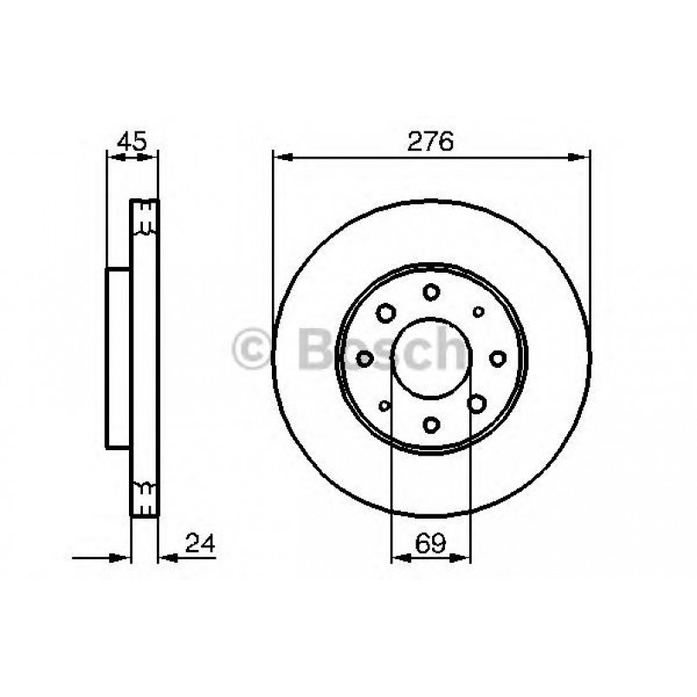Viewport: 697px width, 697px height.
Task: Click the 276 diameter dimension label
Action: pos(431,141)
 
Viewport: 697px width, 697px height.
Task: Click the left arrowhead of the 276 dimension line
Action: pos(280,157)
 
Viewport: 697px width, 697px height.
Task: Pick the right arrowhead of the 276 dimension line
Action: pos(583,157)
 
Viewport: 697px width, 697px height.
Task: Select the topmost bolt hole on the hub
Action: pos(431,292)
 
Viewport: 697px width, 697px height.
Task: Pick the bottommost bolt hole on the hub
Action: pos(431,423)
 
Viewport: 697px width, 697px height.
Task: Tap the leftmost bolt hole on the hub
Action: pos(365,358)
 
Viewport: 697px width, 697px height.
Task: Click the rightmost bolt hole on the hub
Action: pos(497,358)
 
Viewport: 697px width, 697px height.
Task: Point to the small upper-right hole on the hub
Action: pos(478,311)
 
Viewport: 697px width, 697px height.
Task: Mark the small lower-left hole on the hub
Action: pos(384,404)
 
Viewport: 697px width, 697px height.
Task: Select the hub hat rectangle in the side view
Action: pos(118,358)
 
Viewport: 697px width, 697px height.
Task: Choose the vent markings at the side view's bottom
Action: pos(145,494)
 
